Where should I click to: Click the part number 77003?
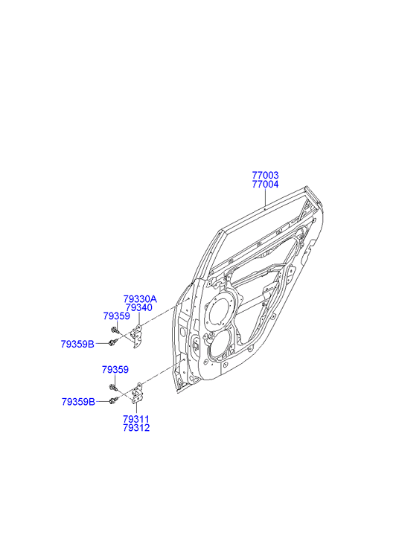(x=265, y=176)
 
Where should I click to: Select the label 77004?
(x=265, y=185)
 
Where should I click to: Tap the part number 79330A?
(x=140, y=299)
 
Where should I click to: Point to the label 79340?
(x=138, y=307)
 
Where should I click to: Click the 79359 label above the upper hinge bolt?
(x=116, y=316)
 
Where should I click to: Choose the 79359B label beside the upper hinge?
(x=77, y=344)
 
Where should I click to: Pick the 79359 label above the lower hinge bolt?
(x=115, y=370)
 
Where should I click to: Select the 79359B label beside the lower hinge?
(x=78, y=402)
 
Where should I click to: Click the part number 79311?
(x=136, y=419)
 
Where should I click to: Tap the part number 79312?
(x=136, y=428)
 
